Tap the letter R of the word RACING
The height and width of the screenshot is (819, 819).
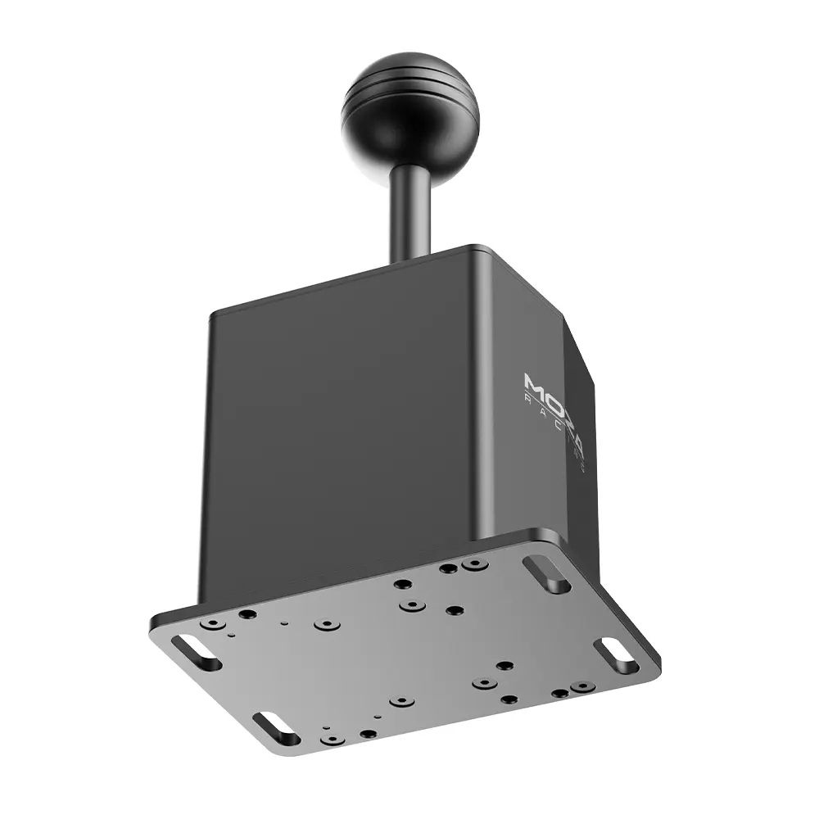click(528, 401)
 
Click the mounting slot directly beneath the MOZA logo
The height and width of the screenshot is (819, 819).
click(548, 574)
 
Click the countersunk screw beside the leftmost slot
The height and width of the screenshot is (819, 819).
click(214, 624)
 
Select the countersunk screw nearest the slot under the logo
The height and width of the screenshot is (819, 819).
click(473, 564)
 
